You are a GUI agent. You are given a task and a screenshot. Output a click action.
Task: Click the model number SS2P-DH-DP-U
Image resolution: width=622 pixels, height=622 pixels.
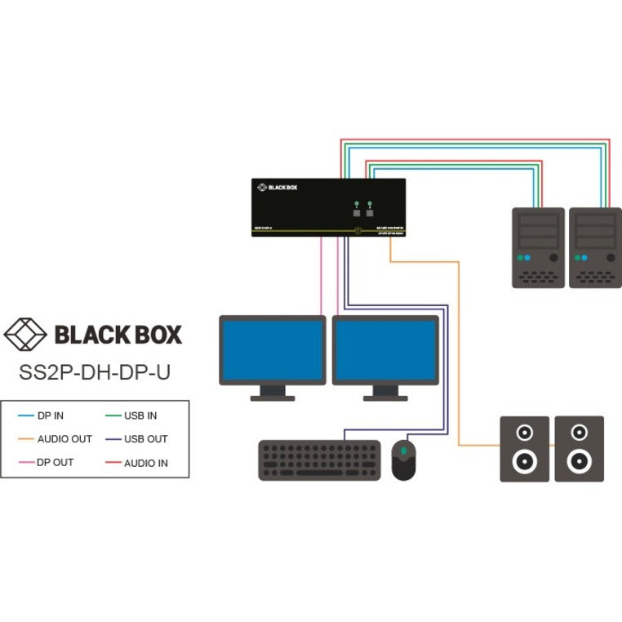pos(95,371)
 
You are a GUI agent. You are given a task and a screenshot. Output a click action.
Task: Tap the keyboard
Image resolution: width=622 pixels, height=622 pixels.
pos(319,460)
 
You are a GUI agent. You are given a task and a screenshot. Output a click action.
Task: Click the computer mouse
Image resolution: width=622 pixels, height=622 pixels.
pos(403,460)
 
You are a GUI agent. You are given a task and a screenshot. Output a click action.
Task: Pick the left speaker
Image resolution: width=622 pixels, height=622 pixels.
pos(524,448)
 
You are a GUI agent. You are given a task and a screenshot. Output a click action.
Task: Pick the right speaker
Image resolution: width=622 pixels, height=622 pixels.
pos(580,448)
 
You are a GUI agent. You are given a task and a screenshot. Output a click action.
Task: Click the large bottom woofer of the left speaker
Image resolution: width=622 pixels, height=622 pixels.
pos(524,462)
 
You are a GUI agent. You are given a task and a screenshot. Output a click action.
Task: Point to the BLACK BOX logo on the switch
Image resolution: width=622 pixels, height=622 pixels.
pos(278,188)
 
